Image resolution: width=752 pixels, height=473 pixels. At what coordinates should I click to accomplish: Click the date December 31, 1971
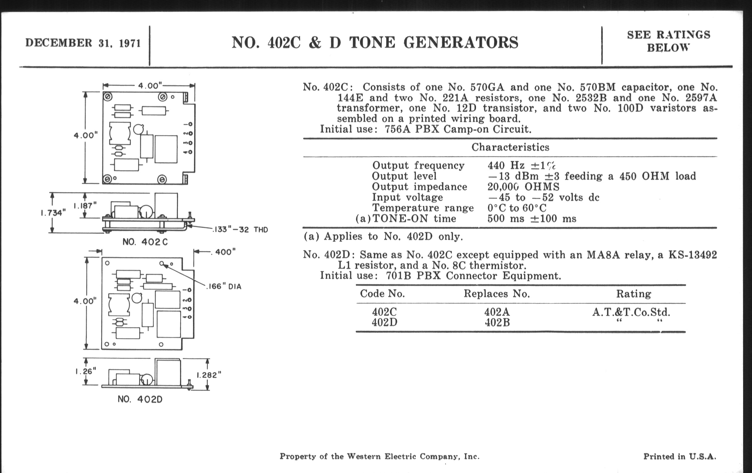pos(83,43)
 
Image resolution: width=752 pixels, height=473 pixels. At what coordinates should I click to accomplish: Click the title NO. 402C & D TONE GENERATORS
pos(375,43)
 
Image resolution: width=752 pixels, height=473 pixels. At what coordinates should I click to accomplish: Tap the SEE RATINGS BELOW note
pos(668,41)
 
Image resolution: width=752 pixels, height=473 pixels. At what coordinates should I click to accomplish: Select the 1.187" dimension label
pos(85,206)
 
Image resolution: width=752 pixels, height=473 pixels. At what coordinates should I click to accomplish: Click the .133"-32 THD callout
pos(240,230)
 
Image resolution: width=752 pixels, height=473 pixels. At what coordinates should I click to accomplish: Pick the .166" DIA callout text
pos(224,286)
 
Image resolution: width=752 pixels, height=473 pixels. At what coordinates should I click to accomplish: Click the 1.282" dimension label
pos(209,375)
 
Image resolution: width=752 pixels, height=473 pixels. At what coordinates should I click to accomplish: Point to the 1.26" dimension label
pos(86,371)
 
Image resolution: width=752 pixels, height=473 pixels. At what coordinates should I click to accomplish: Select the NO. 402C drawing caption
pos(145,242)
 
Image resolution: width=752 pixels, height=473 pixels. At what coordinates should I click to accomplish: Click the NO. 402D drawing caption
pos(140,399)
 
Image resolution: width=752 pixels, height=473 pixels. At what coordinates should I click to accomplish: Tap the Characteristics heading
pos(510,147)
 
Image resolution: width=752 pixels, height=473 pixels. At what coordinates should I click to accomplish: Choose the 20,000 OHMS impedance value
pos(523,187)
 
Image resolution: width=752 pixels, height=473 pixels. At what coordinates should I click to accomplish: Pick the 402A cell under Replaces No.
pos(497,312)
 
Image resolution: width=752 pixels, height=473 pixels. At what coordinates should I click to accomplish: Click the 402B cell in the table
pos(497,322)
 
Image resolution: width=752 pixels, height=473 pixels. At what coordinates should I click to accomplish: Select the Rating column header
pos(633,294)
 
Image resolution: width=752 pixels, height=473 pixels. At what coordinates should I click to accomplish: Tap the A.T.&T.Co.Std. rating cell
pos(631,312)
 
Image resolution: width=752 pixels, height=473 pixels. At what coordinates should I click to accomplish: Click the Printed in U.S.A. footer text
pos(680,456)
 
